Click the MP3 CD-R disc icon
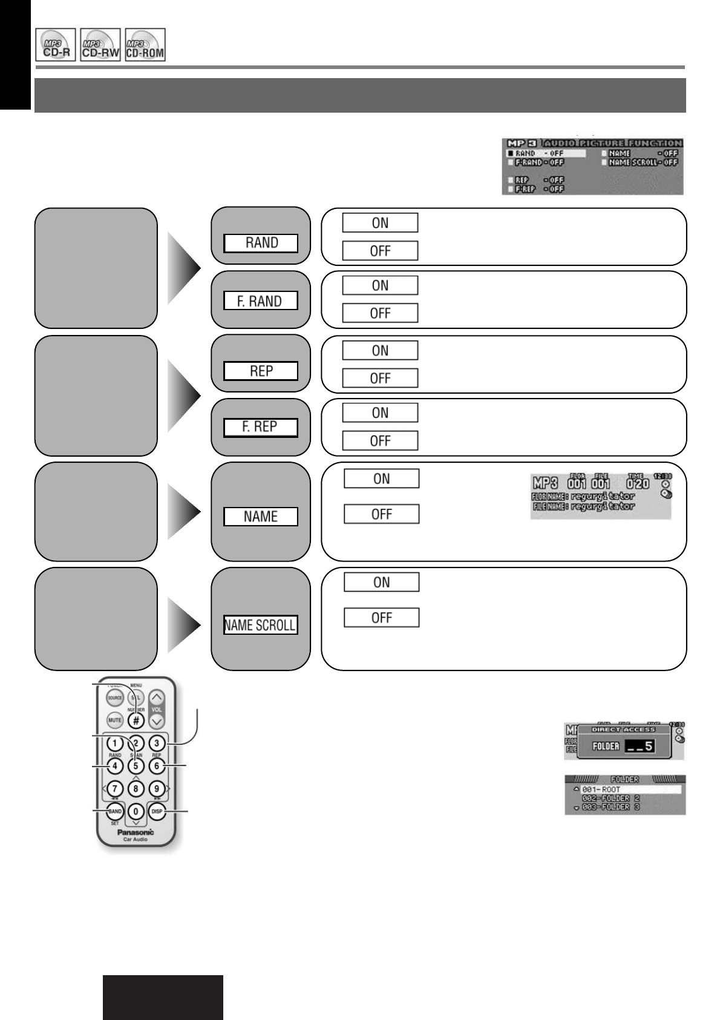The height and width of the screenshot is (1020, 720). click(x=56, y=45)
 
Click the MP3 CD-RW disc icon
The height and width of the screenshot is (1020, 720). click(x=100, y=45)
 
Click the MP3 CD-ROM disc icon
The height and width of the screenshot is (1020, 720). click(x=146, y=45)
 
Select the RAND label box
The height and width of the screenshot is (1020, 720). click(x=261, y=243)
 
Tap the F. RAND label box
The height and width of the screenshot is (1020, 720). click(x=261, y=301)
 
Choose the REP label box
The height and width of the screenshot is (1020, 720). click(x=261, y=371)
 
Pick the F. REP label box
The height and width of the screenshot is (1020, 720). click(x=261, y=427)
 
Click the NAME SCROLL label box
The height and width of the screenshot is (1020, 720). click(x=261, y=626)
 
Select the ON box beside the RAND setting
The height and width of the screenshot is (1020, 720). click(x=380, y=223)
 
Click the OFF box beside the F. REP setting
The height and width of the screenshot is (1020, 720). click(x=380, y=440)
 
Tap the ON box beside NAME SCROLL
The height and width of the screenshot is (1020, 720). click(x=381, y=583)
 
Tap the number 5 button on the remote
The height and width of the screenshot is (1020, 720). click(x=136, y=766)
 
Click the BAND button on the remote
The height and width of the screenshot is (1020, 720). click(x=115, y=812)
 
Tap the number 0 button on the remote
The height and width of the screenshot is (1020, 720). click(x=136, y=812)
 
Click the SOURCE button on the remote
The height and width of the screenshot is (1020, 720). click(x=114, y=698)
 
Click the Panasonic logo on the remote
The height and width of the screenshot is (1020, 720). click(x=136, y=832)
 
